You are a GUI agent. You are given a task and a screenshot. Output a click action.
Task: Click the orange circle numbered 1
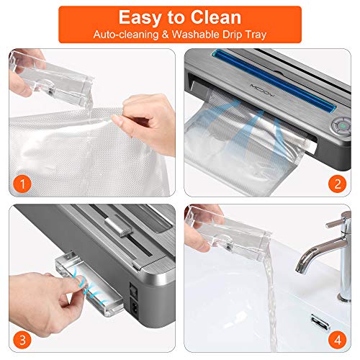coord(23,184)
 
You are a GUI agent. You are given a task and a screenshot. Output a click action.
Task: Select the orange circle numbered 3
coord(23,340)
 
